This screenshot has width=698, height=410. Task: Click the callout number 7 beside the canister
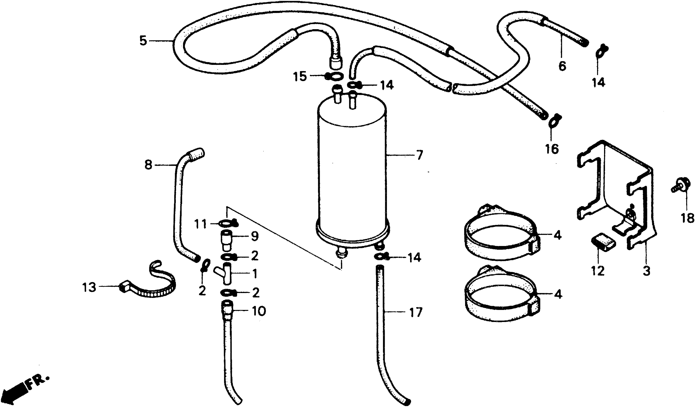click(x=420, y=155)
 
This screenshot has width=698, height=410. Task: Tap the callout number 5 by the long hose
click(x=143, y=41)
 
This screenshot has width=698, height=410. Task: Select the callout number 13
click(x=89, y=287)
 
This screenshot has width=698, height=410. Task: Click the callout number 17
click(x=415, y=313)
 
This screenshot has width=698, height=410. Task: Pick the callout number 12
click(x=598, y=271)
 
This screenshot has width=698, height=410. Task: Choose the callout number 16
click(x=552, y=149)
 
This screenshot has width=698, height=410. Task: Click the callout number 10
click(x=258, y=311)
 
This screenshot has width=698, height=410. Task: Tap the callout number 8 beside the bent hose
click(x=149, y=165)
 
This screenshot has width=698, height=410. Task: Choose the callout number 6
click(x=562, y=66)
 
